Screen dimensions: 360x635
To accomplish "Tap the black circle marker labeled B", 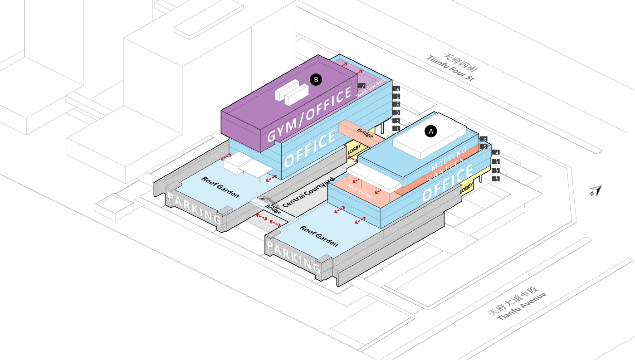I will tap(316, 80).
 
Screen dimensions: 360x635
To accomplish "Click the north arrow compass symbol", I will tap(596, 191).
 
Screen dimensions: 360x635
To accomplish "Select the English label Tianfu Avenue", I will tap(522, 306).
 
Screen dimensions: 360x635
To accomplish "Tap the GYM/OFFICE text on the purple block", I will tap(310, 115).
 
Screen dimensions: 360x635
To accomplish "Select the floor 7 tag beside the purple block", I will tap(361, 86).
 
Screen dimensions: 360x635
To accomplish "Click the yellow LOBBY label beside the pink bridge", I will tap(354, 152).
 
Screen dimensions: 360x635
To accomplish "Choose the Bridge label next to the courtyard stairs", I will tap(274, 209).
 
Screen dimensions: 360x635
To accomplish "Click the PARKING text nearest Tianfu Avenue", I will tap(293, 257).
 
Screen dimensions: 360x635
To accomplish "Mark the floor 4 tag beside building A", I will tap(497, 153).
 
